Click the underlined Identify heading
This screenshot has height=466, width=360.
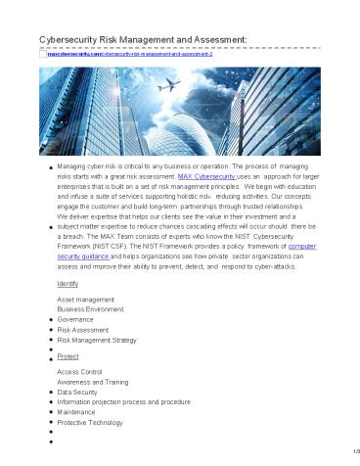coord(67,282)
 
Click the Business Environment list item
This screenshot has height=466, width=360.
coord(91,307)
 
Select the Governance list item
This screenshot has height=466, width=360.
coord(76,318)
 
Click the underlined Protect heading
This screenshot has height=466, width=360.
coord(67,357)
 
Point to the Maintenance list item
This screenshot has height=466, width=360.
coord(79,412)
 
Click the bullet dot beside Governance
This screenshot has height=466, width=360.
coord(50,319)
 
